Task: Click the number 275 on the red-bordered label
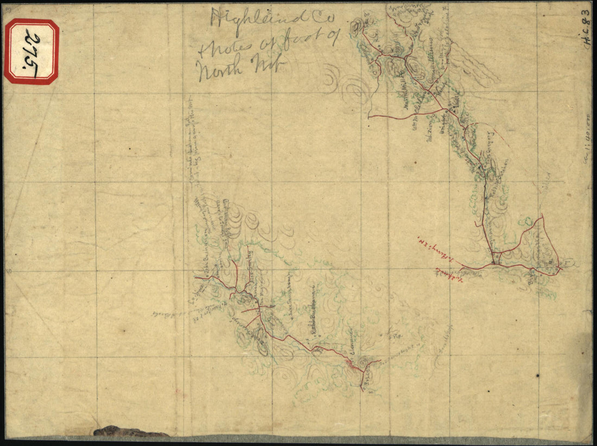click(x=32, y=53)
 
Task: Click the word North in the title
click(x=214, y=69)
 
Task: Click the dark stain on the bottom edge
click(x=130, y=432)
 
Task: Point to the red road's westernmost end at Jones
click(x=195, y=278)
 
